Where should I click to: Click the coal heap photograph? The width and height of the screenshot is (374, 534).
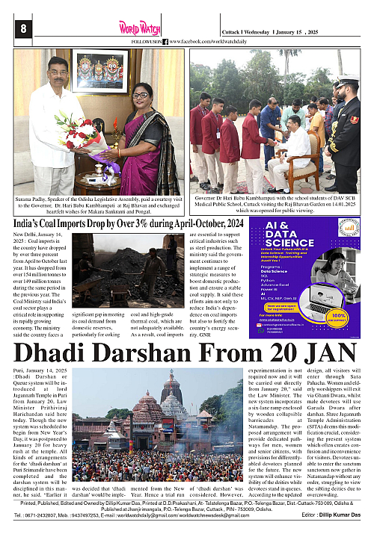pyautogui.click(x=130, y=266)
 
